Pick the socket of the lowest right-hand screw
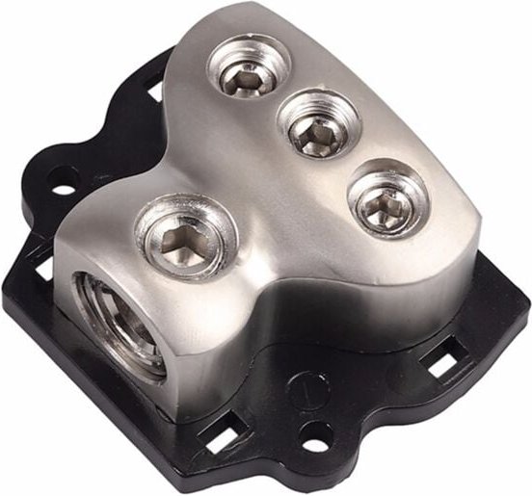[385, 203]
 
